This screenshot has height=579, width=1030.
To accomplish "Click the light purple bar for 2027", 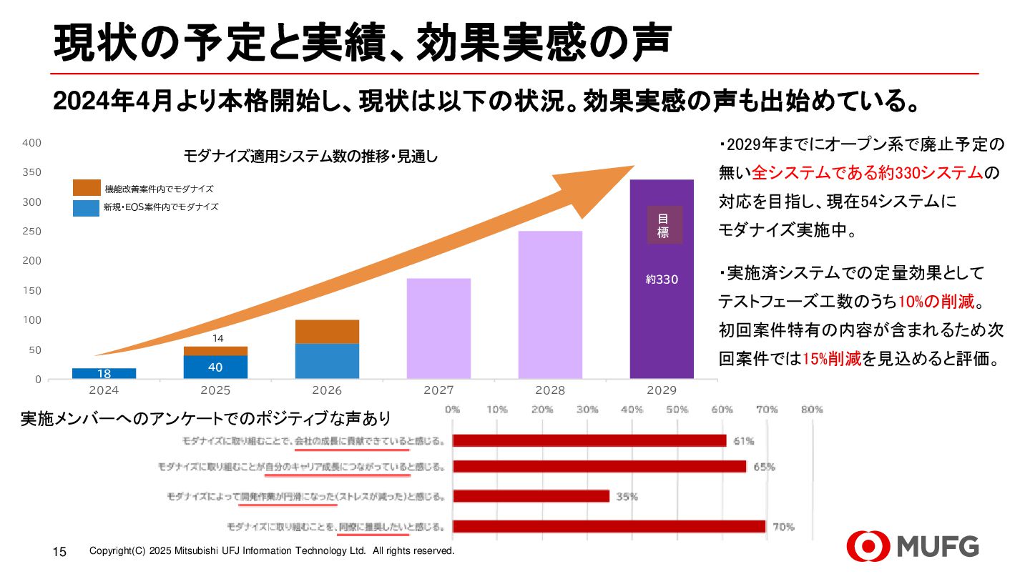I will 438,328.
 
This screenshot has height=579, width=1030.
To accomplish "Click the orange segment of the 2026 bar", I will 327,332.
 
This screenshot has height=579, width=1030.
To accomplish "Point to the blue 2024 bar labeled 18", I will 104,373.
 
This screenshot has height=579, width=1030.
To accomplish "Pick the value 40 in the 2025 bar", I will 215,367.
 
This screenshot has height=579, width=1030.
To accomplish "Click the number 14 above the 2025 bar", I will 219,338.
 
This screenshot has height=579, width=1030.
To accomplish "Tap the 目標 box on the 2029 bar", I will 664,225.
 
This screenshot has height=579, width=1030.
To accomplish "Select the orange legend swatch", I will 87,188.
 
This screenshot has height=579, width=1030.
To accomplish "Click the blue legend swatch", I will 87,207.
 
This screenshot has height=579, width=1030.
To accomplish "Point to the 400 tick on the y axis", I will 32,143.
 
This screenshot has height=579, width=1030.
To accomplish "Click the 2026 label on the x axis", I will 327,391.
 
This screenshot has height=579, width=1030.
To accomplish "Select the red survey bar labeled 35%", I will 531,496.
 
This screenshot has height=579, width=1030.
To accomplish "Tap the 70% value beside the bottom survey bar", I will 783,527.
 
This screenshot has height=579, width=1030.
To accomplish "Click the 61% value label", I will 744,440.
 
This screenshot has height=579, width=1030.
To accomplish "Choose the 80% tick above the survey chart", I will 812,410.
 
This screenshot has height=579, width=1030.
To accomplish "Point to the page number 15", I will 59,552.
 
